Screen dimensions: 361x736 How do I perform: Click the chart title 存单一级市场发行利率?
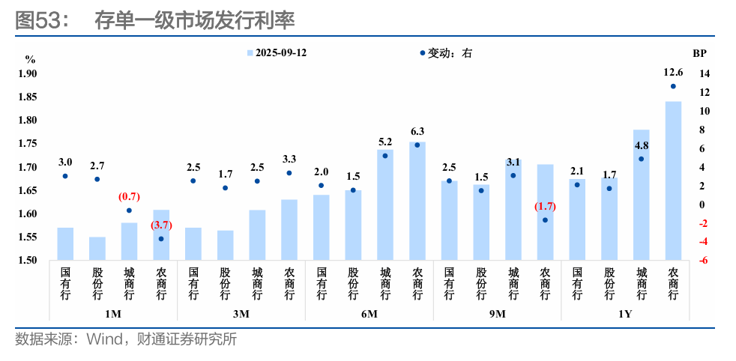point(194,20)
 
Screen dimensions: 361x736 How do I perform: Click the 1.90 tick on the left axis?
point(28,73)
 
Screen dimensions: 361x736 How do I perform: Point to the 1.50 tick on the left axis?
point(28,261)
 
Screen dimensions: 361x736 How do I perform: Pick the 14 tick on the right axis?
point(704,73)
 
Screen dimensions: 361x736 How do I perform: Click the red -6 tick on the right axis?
point(705,261)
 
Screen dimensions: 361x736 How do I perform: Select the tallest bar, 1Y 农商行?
point(672,180)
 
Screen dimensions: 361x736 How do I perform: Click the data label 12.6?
point(673,73)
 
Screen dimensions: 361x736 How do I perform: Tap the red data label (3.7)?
point(161,225)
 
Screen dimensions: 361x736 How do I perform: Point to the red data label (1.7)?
point(545,206)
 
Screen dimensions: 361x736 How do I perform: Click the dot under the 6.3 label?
point(417,145)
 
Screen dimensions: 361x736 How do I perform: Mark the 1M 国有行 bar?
point(65,243)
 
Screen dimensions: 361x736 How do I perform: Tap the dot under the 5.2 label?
point(385,156)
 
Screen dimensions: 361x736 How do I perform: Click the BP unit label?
point(699,54)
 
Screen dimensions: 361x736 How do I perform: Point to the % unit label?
point(30,58)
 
